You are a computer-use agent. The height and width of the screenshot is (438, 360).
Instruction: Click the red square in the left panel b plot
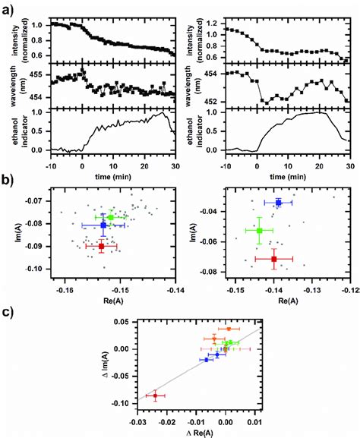click(x=102, y=246)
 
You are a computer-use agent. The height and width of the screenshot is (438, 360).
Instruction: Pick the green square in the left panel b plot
click(x=111, y=218)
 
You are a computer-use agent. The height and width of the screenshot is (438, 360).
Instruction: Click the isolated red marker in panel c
click(x=156, y=395)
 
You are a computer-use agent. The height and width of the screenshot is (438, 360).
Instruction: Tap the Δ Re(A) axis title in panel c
click(x=196, y=431)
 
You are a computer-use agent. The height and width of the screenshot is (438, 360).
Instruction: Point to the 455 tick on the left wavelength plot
click(x=37, y=74)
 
